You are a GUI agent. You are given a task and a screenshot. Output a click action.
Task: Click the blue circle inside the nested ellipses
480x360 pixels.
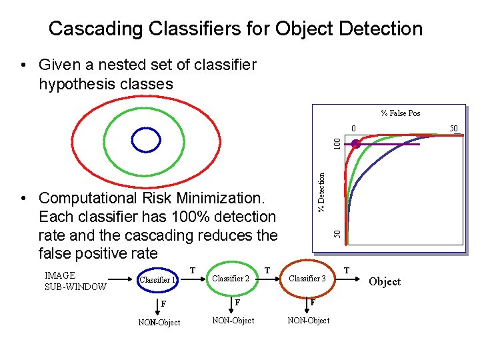tap(143, 139)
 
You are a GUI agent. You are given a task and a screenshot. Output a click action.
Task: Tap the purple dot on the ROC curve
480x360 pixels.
tap(356, 144)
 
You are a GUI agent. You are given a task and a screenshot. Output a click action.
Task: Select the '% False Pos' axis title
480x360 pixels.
tap(400, 113)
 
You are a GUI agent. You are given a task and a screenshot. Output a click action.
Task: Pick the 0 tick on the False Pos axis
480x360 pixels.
tap(355, 128)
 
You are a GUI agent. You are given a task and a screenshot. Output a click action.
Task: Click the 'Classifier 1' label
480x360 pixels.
tap(157, 280)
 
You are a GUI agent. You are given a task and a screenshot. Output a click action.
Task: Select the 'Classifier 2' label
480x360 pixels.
tap(230, 278)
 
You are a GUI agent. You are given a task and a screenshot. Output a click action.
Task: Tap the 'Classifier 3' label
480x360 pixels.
tap(307, 278)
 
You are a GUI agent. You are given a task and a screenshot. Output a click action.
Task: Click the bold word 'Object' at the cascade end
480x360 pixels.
tap(385, 281)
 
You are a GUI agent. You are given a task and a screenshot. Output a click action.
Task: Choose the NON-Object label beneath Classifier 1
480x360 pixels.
tap(159, 323)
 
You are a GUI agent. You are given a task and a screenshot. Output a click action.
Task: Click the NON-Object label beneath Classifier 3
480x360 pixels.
tap(308, 321)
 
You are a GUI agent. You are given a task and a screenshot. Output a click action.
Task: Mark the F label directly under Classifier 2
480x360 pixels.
tap(237, 302)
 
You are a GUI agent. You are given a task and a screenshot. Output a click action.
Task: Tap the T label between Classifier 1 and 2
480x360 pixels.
tap(192, 270)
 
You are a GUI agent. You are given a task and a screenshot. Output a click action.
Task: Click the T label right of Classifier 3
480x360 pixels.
tap(347, 270)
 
